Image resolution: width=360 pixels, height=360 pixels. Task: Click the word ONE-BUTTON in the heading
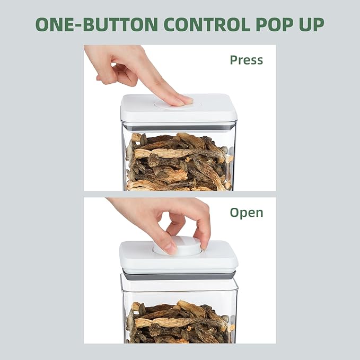96,24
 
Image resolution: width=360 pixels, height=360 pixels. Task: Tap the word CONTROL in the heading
207,24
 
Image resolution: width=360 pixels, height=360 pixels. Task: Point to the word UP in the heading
312,24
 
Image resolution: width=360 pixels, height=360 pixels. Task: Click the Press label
247,60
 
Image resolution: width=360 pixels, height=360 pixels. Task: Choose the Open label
247,213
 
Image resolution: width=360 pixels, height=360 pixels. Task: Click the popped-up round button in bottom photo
177,246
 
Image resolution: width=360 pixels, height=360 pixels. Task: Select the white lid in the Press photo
178,108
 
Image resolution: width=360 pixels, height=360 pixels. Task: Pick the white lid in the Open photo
178,257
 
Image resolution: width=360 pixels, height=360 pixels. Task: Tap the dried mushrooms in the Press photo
179,162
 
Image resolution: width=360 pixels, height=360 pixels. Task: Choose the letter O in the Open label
234,213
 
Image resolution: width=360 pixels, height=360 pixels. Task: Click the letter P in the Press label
233,60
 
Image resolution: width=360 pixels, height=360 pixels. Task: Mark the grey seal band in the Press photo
179,127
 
